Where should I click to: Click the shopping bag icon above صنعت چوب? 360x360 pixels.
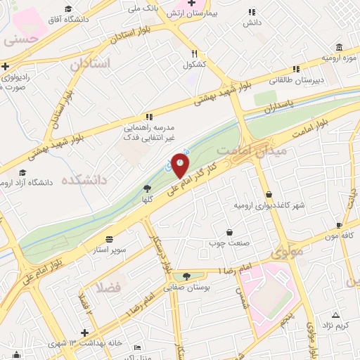click(229, 232)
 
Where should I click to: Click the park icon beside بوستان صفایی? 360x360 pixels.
click(186, 276)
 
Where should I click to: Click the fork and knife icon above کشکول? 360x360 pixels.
click(194, 53)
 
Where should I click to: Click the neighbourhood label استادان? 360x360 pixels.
click(90, 64)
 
